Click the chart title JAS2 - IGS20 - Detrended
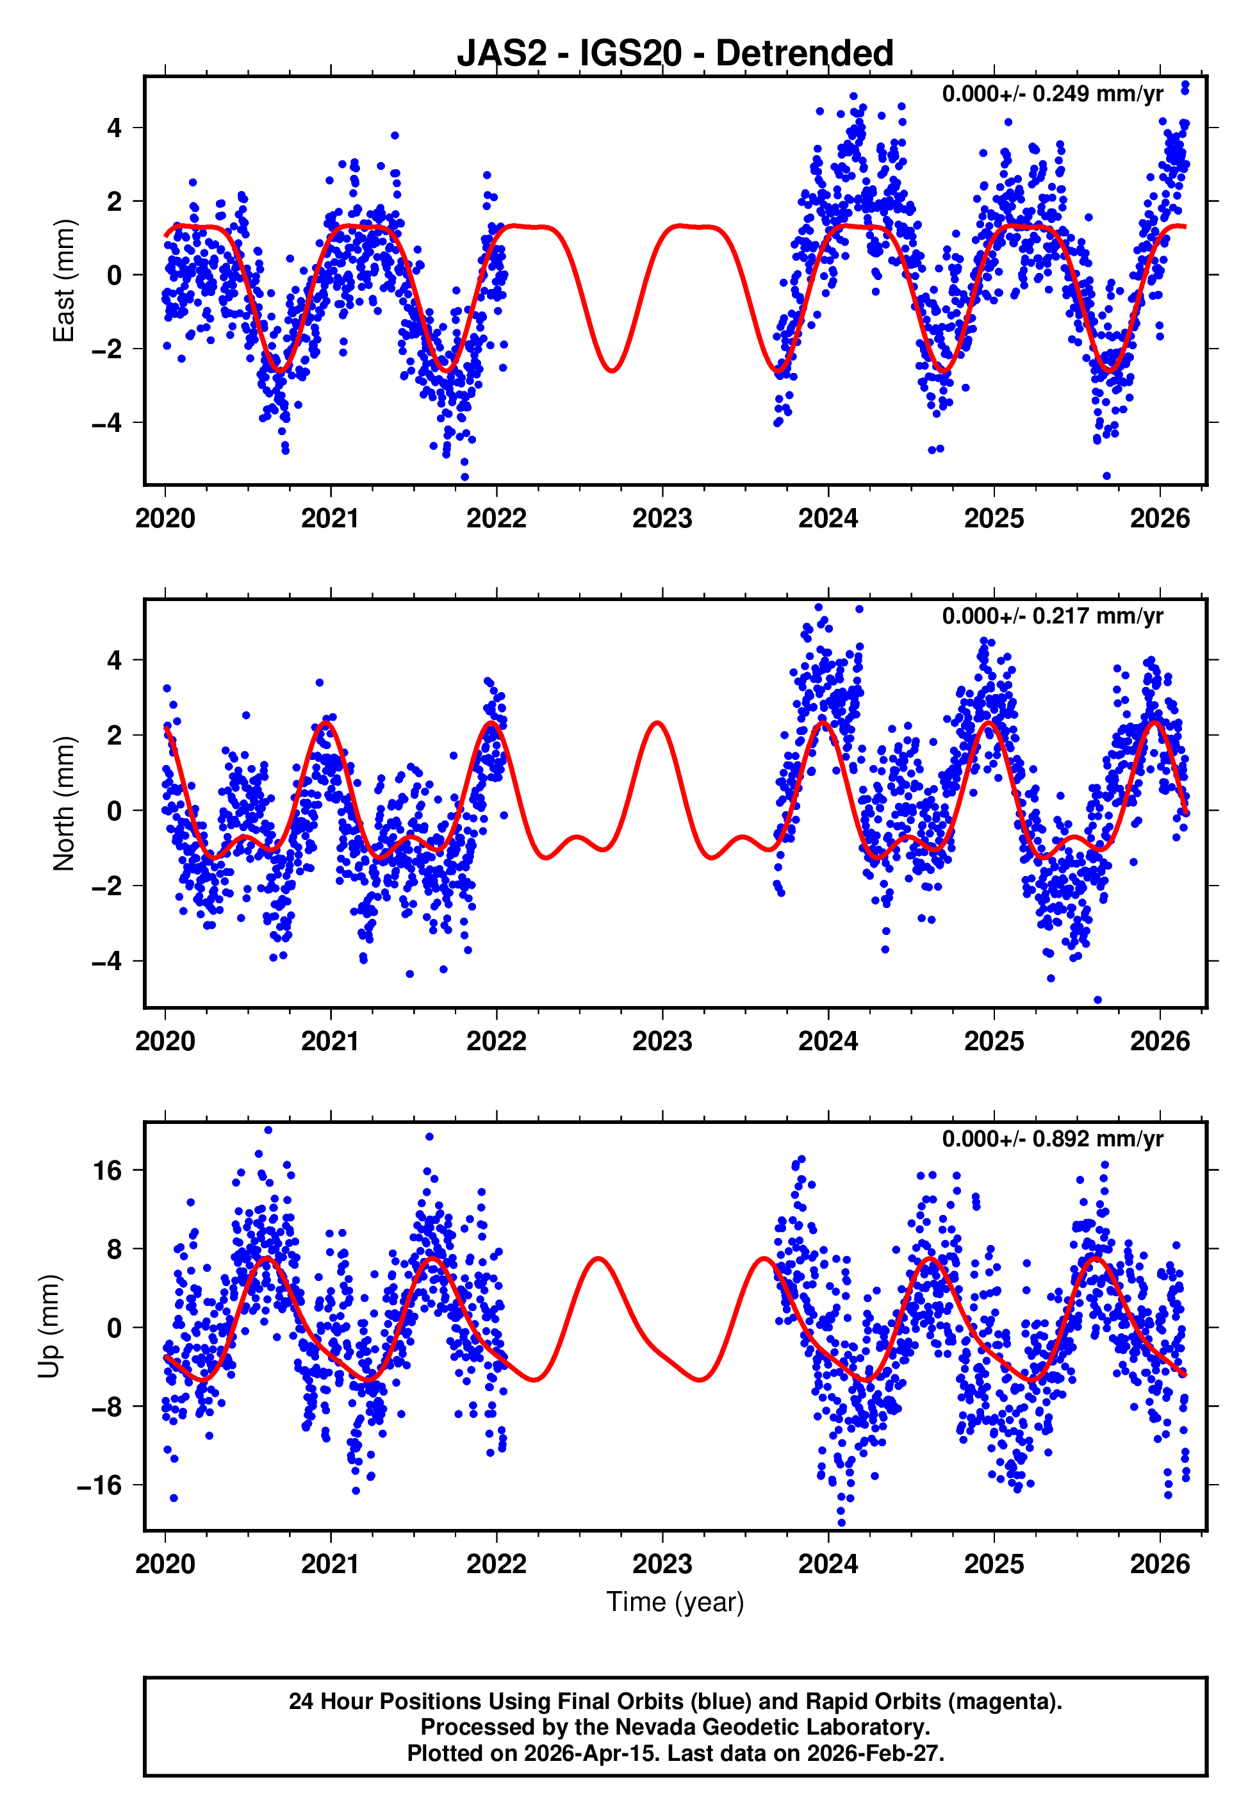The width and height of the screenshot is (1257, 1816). click(675, 54)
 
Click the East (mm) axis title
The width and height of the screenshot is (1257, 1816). click(63, 281)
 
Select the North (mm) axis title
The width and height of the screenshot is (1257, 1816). click(63, 804)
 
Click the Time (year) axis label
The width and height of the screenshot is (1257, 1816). click(675, 1603)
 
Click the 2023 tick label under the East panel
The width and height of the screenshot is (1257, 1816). click(662, 519)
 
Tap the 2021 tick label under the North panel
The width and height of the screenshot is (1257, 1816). click(330, 1041)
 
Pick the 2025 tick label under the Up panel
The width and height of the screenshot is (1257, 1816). click(993, 1564)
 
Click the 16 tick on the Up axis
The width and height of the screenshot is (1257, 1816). click(108, 1171)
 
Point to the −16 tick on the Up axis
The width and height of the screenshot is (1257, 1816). click(100, 1485)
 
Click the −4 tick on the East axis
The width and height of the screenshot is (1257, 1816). click(106, 423)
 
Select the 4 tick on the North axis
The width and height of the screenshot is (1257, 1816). click(115, 660)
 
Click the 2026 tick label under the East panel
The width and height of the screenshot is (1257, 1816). click(1160, 519)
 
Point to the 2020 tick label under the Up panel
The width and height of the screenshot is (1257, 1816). click(165, 1564)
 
